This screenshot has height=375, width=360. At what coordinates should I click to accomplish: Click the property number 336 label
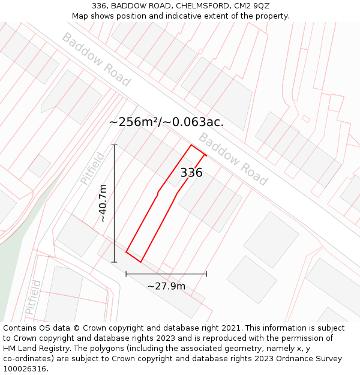pyautogui.click(x=191, y=173)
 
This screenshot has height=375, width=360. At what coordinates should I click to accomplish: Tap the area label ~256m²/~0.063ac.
pyautogui.click(x=166, y=122)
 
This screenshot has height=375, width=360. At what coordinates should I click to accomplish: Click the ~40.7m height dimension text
pyautogui.click(x=103, y=203)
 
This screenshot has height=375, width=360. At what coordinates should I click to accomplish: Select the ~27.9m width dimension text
pyautogui.click(x=166, y=286)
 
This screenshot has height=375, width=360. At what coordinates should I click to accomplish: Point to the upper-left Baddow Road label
pyautogui.click(x=96, y=59)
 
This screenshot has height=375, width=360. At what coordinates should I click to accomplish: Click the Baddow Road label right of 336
pyautogui.click(x=233, y=159)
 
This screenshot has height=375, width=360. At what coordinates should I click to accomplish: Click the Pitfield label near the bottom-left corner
pyautogui.click(x=34, y=298)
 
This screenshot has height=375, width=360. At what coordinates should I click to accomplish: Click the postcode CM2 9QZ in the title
pyautogui.click(x=252, y=6)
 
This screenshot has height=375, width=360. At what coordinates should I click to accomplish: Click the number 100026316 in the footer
pyautogui.click(x=26, y=368)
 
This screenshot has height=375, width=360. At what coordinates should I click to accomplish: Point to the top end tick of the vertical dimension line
pyautogui.click(x=114, y=145)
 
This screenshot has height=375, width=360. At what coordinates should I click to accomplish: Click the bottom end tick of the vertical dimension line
pyautogui.click(x=114, y=262)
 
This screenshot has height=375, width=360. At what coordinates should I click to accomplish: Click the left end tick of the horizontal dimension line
pyautogui.click(x=126, y=274)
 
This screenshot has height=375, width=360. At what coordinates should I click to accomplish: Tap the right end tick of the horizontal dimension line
pyautogui.click(x=206, y=274)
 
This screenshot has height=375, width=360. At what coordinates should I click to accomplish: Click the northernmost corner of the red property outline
pyautogui.click(x=191, y=145)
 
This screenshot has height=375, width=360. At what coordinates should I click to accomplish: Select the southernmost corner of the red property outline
pyautogui.click(x=140, y=262)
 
